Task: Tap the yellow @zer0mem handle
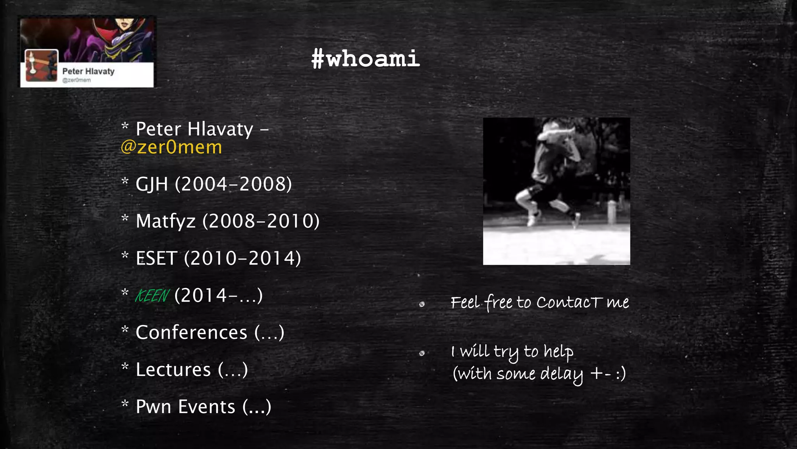pos(171,147)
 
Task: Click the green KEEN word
pos(152,296)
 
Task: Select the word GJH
pos(151,184)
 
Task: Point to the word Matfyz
pos(165,221)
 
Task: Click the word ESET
pos(156,258)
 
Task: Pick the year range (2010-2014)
pos(242,258)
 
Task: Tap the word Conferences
pos(191,332)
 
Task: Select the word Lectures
pos(173,369)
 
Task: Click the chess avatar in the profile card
pos(41,65)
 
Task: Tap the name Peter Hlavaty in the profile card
pos(88,71)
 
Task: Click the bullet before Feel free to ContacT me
pos(422,304)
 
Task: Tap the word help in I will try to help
pos(558,352)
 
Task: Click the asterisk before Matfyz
pos(125,218)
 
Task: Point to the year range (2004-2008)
pos(233,184)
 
